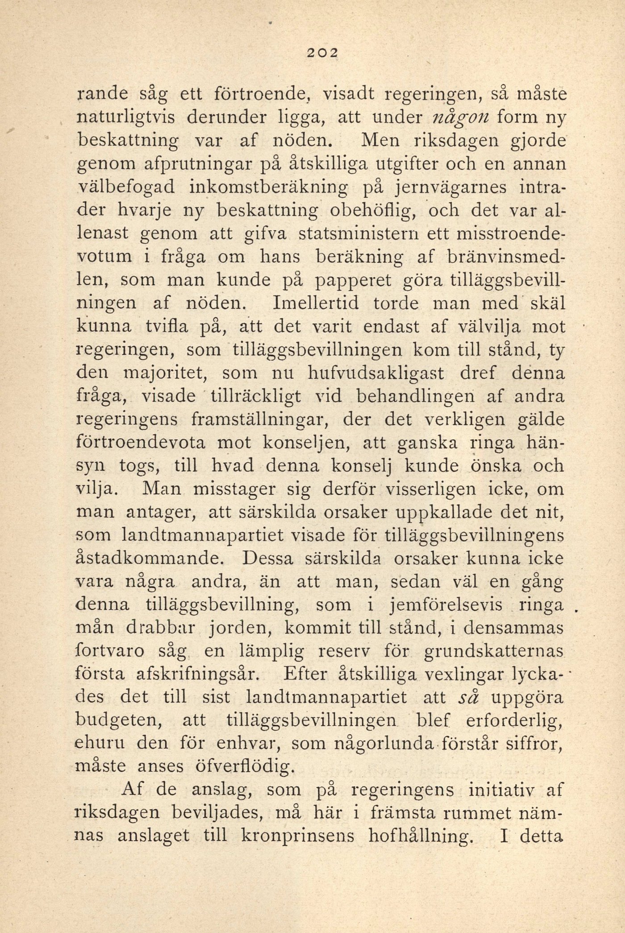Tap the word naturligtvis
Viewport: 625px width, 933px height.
(126, 118)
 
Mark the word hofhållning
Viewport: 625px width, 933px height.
(421, 836)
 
